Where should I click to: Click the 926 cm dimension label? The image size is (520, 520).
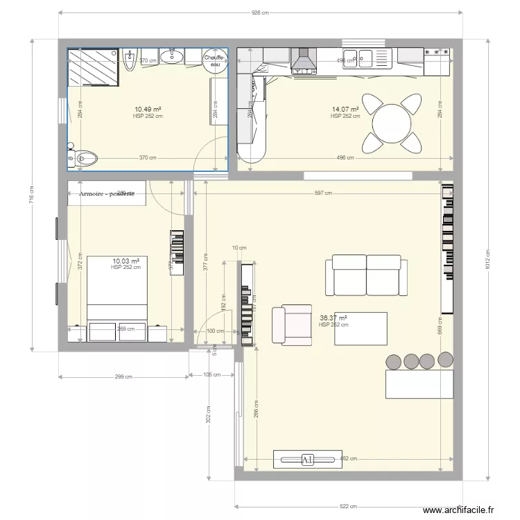260,12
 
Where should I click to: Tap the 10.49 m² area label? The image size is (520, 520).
148,110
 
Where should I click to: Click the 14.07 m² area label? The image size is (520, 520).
345,110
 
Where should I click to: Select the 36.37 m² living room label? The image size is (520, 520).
333,318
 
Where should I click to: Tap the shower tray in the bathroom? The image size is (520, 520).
93,66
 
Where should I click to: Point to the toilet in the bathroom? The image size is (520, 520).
83,158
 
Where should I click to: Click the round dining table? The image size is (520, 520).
392,124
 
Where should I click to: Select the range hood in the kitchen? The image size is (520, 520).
303,60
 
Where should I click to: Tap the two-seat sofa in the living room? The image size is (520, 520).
367,275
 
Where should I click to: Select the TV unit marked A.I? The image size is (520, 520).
307,459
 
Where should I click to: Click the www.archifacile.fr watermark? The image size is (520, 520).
458,510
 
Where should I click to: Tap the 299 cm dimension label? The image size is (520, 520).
123,377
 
